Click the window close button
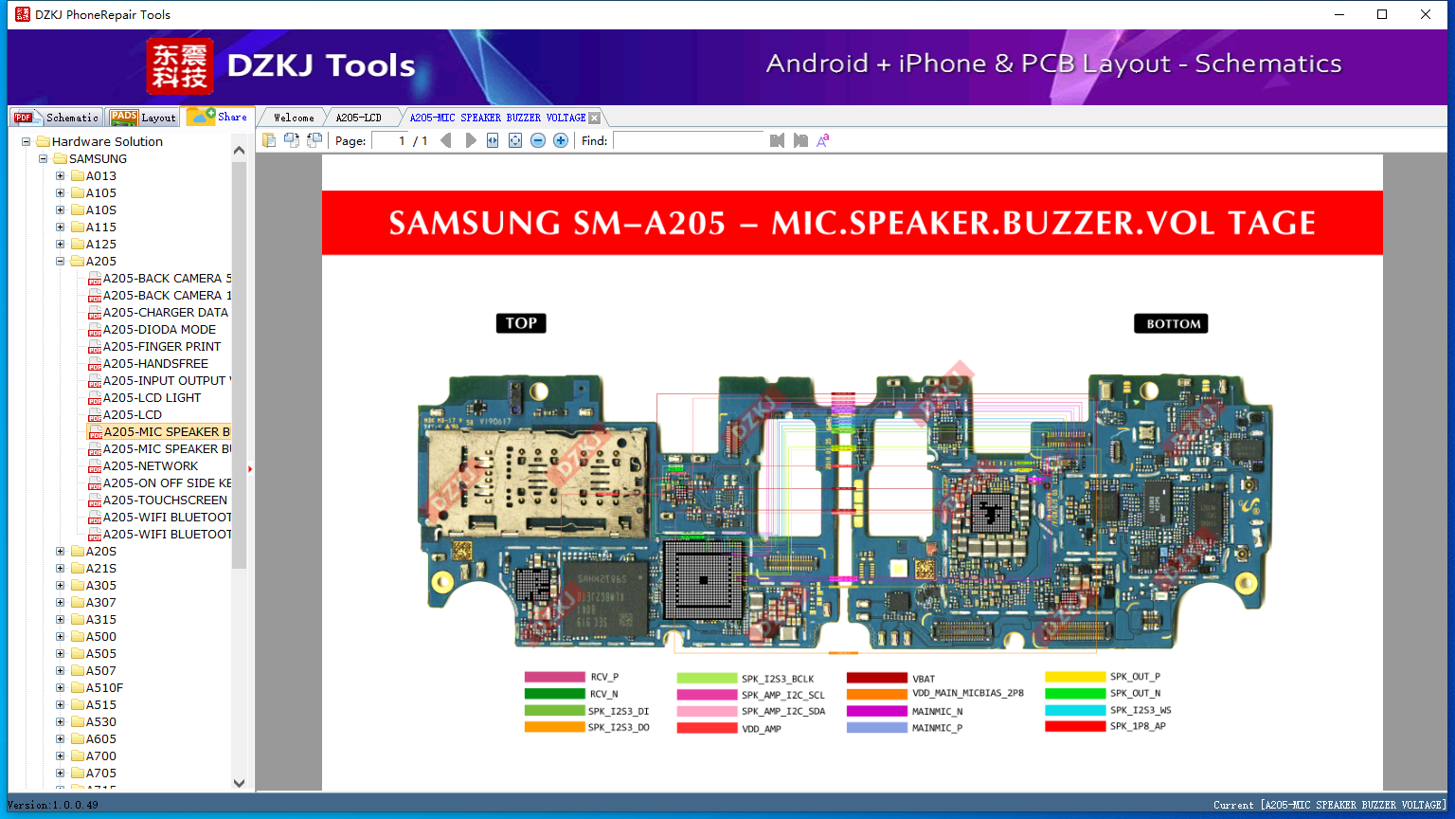(x=1425, y=14)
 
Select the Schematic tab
(x=57, y=118)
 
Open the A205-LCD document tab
(x=358, y=118)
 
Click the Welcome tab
(x=294, y=118)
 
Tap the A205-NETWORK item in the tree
(x=150, y=466)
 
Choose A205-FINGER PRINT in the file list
(x=161, y=347)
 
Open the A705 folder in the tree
(x=100, y=773)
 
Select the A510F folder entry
(x=104, y=688)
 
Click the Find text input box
(x=689, y=140)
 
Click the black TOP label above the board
(x=521, y=323)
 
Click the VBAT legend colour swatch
(x=876, y=678)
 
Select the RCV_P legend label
(x=603, y=678)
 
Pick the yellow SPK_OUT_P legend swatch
(x=1075, y=677)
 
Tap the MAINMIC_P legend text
(x=937, y=728)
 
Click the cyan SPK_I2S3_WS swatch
(x=1075, y=710)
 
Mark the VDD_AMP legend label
(x=761, y=729)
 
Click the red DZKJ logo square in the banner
(x=179, y=66)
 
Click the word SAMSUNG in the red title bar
(x=475, y=224)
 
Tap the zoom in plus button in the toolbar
(x=561, y=140)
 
